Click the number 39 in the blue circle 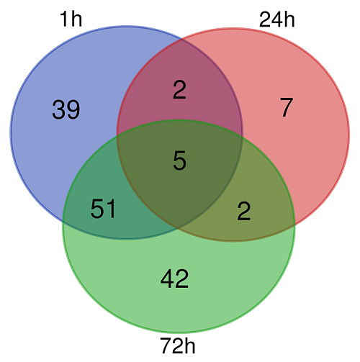pyautogui.click(x=66, y=109)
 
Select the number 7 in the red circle pyautogui.click(x=287, y=107)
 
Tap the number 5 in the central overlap pyautogui.click(x=179, y=160)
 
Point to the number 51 pyautogui.click(x=103, y=209)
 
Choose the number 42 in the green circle pyautogui.click(x=174, y=279)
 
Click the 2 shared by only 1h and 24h pyautogui.click(x=179, y=90)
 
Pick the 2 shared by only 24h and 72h pyautogui.click(x=244, y=211)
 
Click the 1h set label pyautogui.click(x=71, y=19)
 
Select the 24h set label pyautogui.click(x=277, y=19)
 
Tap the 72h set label pyautogui.click(x=178, y=345)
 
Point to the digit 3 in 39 pyautogui.click(x=59, y=109)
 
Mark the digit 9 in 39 pyautogui.click(x=73, y=109)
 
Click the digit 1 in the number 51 pyautogui.click(x=111, y=209)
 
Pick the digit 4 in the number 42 pyautogui.click(x=167, y=279)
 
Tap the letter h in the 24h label pyautogui.click(x=289, y=19)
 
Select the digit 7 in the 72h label pyautogui.click(x=166, y=345)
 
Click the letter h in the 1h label pyautogui.click(x=77, y=19)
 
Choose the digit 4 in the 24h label pyautogui.click(x=277, y=19)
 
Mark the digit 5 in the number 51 pyautogui.click(x=97, y=209)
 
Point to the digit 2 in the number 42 pyautogui.click(x=182, y=279)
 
